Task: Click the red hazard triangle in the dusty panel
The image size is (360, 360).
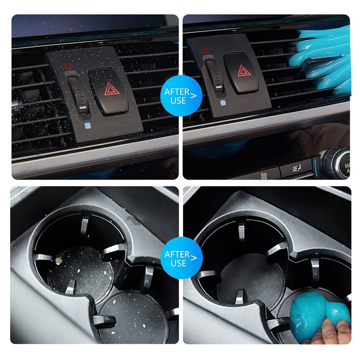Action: click(x=112, y=89)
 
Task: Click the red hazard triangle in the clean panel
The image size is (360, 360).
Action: click(x=244, y=71)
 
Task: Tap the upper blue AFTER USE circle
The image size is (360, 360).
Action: click(x=181, y=96)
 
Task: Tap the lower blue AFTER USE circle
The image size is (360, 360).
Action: click(x=181, y=258)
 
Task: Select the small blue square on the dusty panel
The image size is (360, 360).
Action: click(x=87, y=126)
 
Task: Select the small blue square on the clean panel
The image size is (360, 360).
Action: click(x=222, y=103)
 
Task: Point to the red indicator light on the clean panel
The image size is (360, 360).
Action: click(x=205, y=51)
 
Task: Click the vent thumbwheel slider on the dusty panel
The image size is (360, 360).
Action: click(x=78, y=94)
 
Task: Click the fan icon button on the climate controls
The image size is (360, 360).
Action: click(x=264, y=176)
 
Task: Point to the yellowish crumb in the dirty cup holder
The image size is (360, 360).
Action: click(x=58, y=260)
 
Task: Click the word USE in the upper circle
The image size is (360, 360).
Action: click(x=178, y=100)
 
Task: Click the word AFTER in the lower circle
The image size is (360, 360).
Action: click(x=177, y=254)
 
